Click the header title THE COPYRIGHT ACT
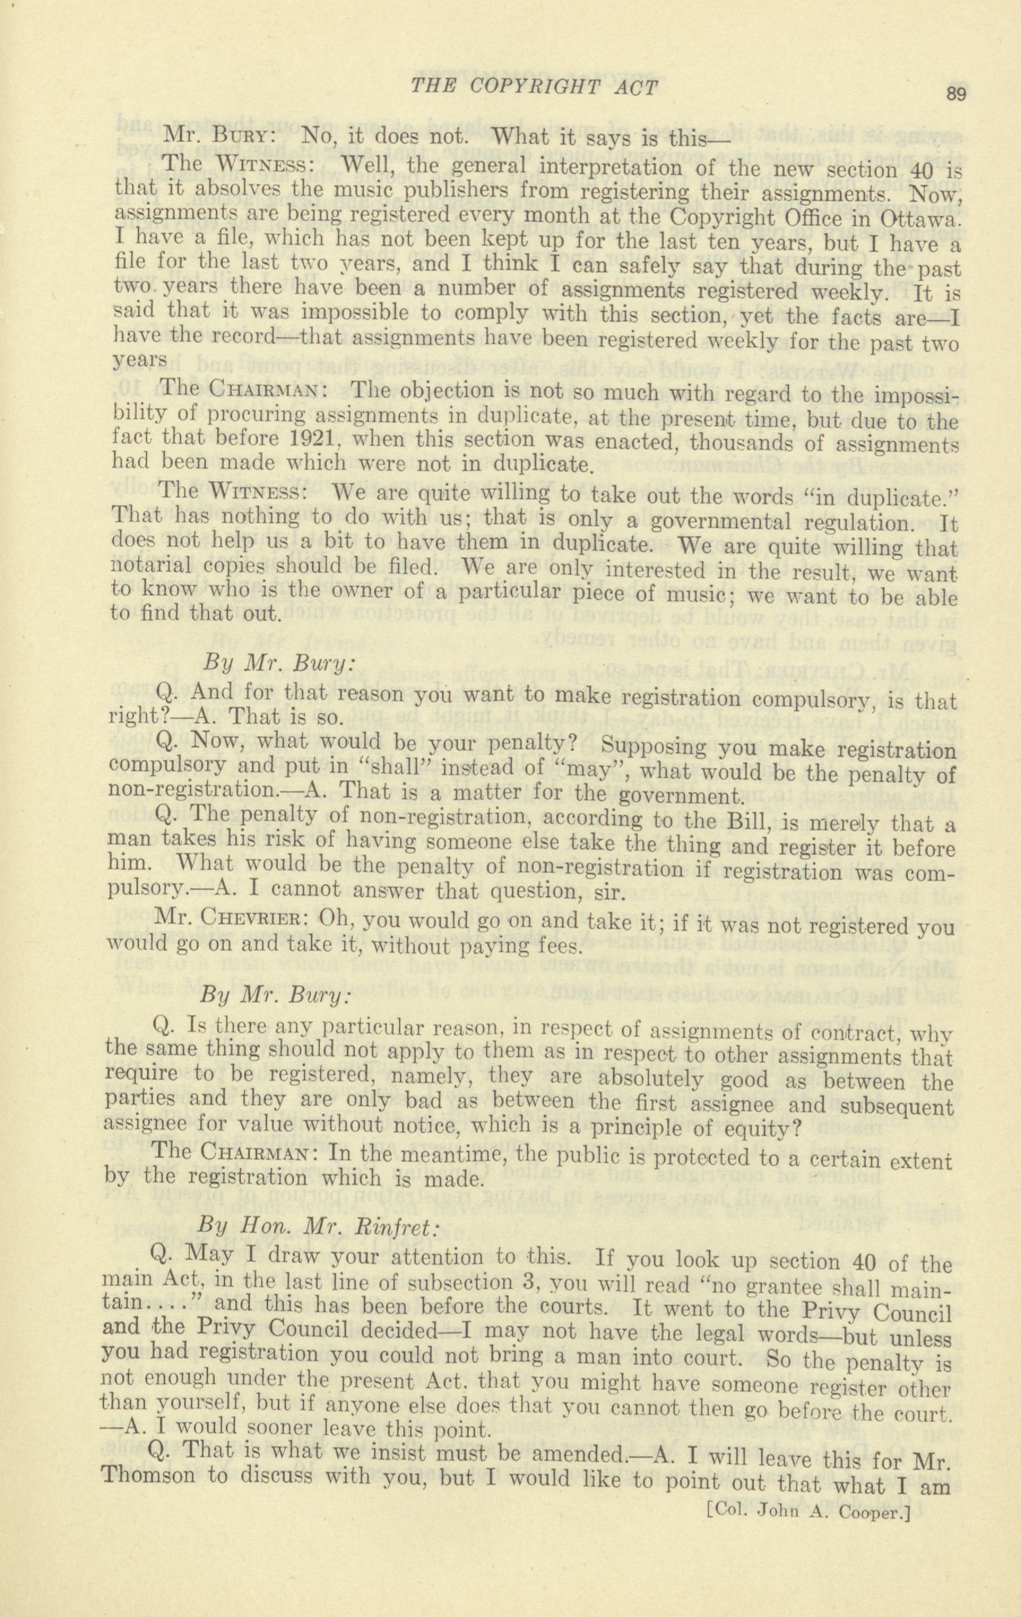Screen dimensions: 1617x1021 point(534,88)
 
